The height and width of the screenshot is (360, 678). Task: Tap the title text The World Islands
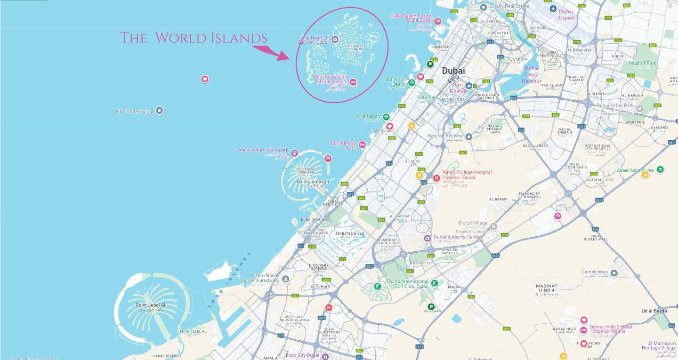pos(194,38)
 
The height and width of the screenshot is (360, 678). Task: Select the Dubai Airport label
pos(566,15)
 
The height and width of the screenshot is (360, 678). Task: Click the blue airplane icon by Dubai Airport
pos(553,9)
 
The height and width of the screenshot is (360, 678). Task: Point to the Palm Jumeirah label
pos(309,181)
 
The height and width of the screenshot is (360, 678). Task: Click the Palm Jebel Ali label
pos(151,305)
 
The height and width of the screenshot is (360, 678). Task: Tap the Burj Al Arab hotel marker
pos(362,144)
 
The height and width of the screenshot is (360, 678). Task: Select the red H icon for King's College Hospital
pos(436,178)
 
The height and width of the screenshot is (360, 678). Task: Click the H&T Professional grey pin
pos(159,111)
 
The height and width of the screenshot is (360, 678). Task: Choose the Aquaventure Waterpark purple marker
pos(294,153)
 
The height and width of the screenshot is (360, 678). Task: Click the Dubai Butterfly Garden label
pos(458,237)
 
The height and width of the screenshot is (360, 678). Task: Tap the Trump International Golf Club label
pos(407,284)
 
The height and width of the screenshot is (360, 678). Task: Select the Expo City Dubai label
pos(302,355)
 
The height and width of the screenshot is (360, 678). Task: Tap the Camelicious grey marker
pos(614,272)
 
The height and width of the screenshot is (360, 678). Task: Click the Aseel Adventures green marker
pos(660,169)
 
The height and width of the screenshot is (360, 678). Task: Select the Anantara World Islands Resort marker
pos(353,82)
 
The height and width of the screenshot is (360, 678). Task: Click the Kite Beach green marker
pos(386,117)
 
